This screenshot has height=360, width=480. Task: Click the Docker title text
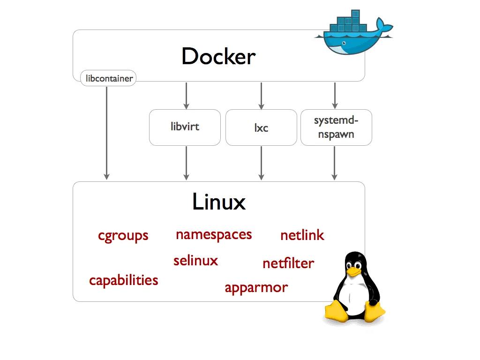[x=218, y=57]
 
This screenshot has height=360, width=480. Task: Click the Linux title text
[x=219, y=202]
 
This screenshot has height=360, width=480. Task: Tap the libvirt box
[x=185, y=127]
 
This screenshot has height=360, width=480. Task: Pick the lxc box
[x=261, y=127]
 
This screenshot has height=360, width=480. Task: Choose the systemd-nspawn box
[x=336, y=127]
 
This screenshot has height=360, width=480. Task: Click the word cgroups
[x=123, y=235]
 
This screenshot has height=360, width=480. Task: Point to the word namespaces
[x=214, y=234]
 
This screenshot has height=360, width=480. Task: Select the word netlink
[x=302, y=235]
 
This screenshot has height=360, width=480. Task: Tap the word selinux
[x=195, y=260]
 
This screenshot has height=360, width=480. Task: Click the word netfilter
[x=288, y=263]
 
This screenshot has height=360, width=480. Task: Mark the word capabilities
[x=123, y=280]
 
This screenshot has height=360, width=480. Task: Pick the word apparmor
[x=256, y=287]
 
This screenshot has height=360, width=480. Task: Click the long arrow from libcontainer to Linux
[x=107, y=131]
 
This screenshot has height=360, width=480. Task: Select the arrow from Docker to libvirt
[x=186, y=96]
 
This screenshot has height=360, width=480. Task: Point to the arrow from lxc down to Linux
[x=261, y=163]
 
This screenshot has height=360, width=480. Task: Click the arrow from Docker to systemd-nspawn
[x=334, y=96]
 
